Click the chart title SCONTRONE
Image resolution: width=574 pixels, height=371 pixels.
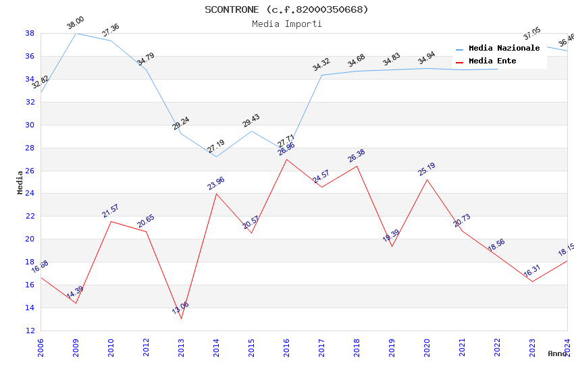[286, 9]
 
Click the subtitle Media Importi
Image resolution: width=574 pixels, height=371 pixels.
[286, 24]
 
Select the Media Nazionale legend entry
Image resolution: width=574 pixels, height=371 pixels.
[504, 48]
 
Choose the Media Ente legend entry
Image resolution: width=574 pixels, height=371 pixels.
[492, 61]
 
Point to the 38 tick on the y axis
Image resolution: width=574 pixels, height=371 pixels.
[30, 33]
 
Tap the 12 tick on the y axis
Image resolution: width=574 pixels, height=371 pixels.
[30, 331]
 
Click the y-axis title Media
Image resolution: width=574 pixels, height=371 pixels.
[20, 182]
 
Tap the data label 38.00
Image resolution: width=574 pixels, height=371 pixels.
[75, 24]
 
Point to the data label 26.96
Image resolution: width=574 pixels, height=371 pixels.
[286, 150]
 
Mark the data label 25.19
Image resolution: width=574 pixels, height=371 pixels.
[426, 169]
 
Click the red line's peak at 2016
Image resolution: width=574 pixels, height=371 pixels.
[286, 159]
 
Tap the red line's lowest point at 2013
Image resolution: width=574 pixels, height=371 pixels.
[181, 318]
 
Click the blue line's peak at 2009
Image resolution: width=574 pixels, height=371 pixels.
[76, 33]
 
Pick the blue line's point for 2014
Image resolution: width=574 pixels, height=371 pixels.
[216, 156]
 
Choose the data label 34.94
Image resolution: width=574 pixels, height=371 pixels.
[426, 58]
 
